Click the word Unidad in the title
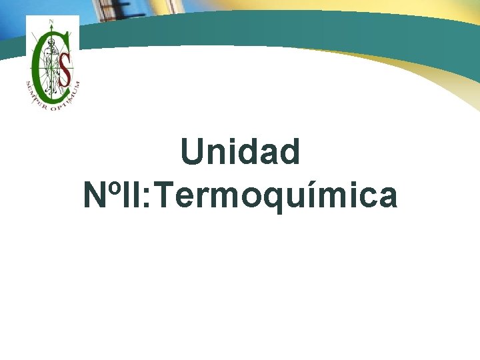(x=240, y=152)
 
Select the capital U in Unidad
(x=192, y=152)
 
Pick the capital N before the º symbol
(x=95, y=195)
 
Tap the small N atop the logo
(x=51, y=21)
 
